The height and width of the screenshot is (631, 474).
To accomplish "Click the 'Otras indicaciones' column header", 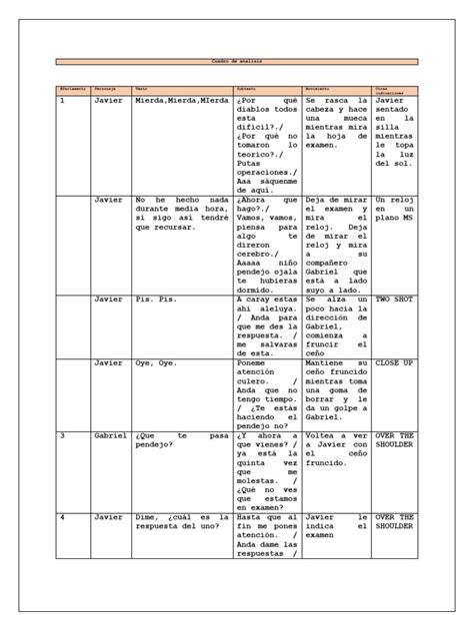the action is click(x=392, y=90).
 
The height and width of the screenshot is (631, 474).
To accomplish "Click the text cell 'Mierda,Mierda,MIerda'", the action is click(x=177, y=102).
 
